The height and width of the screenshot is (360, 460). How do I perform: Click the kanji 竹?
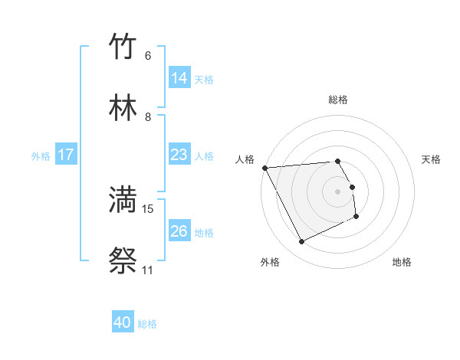click(x=123, y=47)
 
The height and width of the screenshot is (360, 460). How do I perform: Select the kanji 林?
click(x=123, y=108)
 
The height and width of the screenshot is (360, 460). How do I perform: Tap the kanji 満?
click(x=123, y=199)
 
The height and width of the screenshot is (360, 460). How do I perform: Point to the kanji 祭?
click(x=123, y=260)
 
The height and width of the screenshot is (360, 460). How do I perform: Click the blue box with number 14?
click(x=179, y=77)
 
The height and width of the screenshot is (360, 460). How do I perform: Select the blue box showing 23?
click(x=179, y=155)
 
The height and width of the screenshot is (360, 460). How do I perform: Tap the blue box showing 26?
click(x=179, y=231)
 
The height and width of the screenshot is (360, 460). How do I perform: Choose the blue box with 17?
click(x=66, y=155)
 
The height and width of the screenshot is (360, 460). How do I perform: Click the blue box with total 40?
click(x=123, y=322)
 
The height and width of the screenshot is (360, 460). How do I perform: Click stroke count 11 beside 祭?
click(x=147, y=270)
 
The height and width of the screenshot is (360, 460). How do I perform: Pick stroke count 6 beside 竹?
click(x=147, y=56)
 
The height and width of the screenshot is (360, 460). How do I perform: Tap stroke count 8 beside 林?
click(x=147, y=117)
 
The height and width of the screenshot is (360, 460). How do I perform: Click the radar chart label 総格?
click(x=338, y=100)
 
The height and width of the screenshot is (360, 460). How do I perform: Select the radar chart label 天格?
click(x=432, y=159)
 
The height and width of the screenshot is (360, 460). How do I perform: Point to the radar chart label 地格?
click(x=402, y=262)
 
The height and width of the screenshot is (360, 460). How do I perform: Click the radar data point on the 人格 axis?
click(x=264, y=168)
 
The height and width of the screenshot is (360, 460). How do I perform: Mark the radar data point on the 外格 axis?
click(x=301, y=242)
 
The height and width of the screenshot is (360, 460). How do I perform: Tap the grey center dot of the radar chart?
click(x=338, y=191)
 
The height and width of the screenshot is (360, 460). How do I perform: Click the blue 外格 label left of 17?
click(x=41, y=155)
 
